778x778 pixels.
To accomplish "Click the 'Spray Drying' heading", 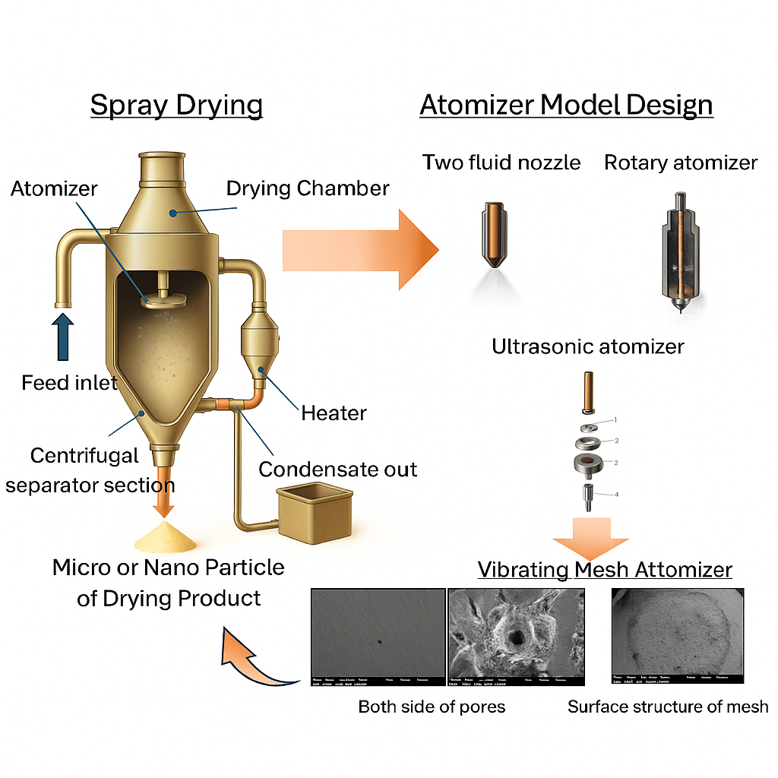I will (x=176, y=104).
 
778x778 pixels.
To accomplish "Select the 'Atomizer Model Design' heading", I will (x=566, y=104).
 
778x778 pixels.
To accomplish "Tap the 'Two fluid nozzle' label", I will (x=501, y=162).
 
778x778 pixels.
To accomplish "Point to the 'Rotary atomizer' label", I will (x=681, y=162).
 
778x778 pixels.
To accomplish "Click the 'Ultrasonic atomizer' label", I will (x=587, y=347).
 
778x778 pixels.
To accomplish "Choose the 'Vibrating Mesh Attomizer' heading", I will (x=605, y=569).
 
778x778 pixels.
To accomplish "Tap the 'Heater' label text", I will (x=334, y=413).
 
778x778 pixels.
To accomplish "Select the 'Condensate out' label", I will (x=337, y=469).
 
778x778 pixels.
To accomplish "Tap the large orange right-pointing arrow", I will (x=361, y=248).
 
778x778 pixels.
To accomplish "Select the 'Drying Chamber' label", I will (x=308, y=188).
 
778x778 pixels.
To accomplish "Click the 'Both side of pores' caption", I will (x=432, y=707).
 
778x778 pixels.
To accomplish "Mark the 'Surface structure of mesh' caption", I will (x=668, y=707).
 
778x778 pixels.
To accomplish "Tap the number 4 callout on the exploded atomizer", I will (x=616, y=495).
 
